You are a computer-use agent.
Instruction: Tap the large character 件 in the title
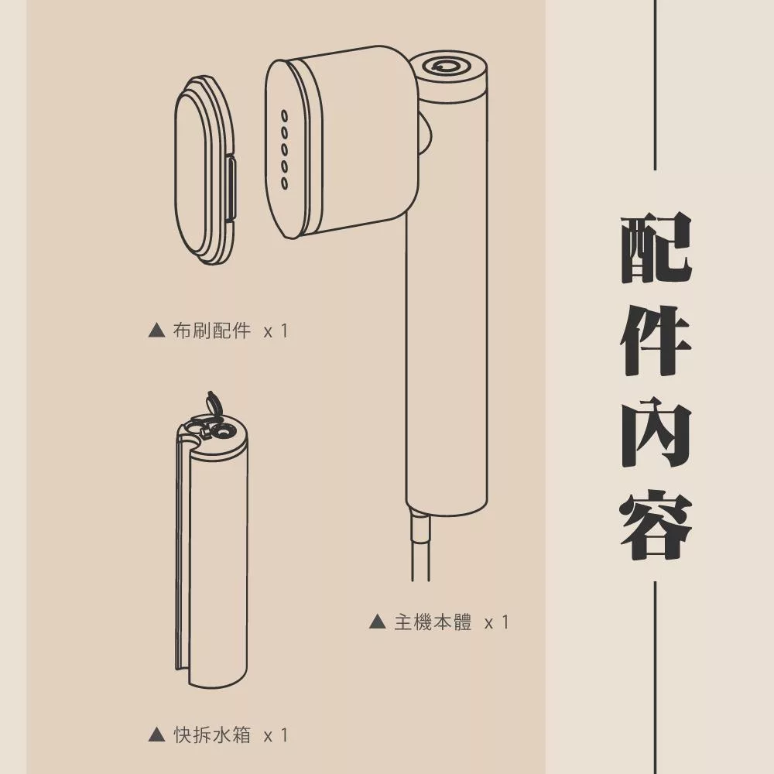pos(656,341)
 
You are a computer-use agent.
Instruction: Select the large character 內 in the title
pos(656,433)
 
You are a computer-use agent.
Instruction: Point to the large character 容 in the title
pos(656,525)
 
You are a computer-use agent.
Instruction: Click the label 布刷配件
pos(213,331)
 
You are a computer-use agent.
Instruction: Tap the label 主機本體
pos(433,622)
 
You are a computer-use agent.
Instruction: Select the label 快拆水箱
pos(213,735)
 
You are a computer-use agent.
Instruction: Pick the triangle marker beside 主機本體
pos(377,622)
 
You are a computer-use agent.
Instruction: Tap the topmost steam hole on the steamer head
pos(284,115)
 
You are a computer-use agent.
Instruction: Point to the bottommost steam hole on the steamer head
pos(284,183)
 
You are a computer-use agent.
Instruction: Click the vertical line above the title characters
pos(656,85)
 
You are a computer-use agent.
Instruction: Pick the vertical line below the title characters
pos(656,673)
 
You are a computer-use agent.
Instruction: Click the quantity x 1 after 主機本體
pos(496,622)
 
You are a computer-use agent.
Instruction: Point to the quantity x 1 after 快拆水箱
pos(276,735)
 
